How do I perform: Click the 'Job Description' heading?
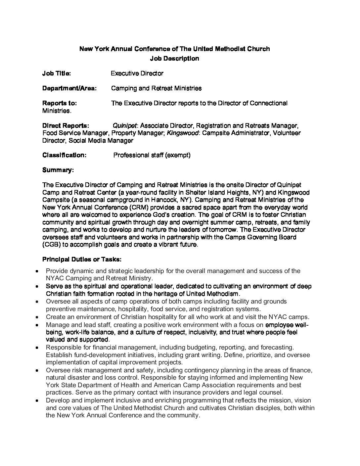click(x=174, y=59)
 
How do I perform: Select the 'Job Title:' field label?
click(x=56, y=73)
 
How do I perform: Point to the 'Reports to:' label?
click(x=60, y=103)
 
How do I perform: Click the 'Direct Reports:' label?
click(x=66, y=126)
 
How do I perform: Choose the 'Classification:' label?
click(x=64, y=155)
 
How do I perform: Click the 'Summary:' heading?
click(x=58, y=170)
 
